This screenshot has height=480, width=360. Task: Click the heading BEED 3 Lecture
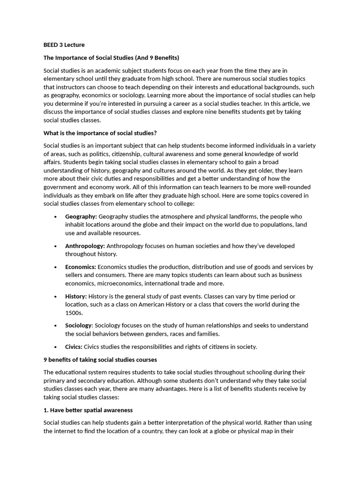click(64, 45)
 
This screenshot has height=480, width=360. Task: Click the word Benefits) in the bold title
click(164, 58)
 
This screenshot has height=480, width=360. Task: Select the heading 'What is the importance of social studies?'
click(100, 133)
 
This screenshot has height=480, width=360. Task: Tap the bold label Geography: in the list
click(81, 217)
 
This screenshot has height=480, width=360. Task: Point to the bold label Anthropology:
click(85, 246)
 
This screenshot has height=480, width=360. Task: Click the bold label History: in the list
click(76, 296)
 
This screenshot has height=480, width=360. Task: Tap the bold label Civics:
click(74, 347)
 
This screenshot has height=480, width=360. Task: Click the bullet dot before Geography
click(56, 217)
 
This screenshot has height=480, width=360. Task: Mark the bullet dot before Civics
click(56, 347)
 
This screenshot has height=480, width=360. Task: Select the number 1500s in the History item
click(74, 313)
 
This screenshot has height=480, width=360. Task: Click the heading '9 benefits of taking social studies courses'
click(100, 360)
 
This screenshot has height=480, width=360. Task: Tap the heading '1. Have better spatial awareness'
click(88, 410)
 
